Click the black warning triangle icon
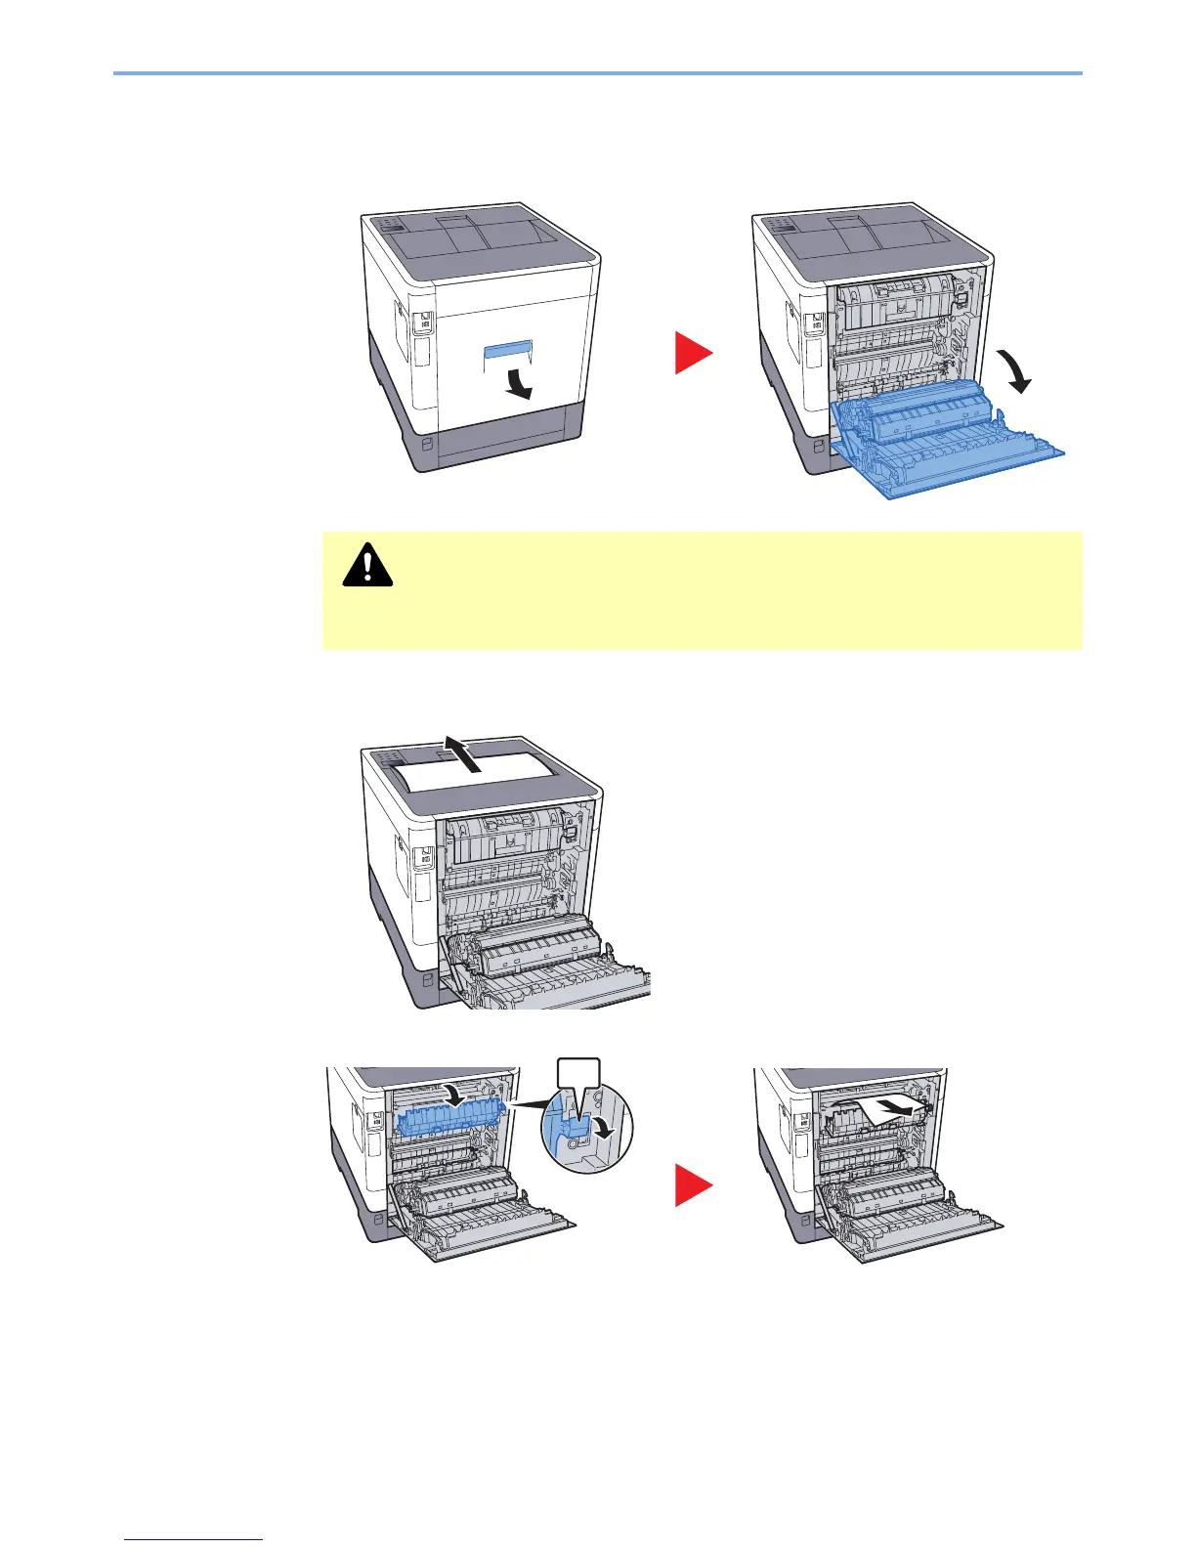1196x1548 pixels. click(x=367, y=566)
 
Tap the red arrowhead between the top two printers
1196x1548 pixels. click(x=693, y=352)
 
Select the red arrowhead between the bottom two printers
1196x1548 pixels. click(x=693, y=1187)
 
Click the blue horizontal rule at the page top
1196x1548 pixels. click(x=597, y=73)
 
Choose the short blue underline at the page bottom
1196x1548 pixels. click(x=194, y=1540)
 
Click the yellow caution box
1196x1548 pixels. click(x=702, y=590)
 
